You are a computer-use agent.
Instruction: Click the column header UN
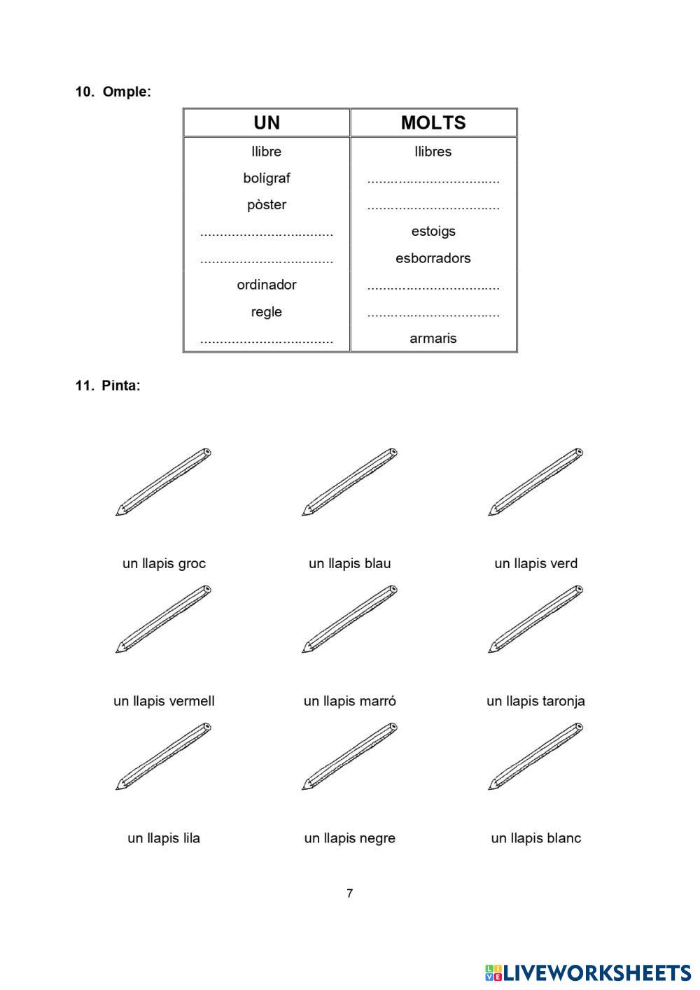coord(266,123)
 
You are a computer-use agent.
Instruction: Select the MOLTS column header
coord(433,123)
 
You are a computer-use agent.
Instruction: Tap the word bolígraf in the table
coord(266,178)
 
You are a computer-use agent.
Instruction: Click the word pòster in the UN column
coord(266,205)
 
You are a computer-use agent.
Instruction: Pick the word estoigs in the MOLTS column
coord(433,232)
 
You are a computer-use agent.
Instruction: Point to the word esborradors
coord(433,258)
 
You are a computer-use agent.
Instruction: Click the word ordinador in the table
coord(266,285)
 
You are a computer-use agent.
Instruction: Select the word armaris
coord(433,339)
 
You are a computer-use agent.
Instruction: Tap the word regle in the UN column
coord(266,312)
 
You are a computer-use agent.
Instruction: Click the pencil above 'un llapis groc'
coord(164,482)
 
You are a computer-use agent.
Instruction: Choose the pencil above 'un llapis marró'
coord(349,619)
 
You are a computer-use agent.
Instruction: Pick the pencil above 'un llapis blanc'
coord(535,756)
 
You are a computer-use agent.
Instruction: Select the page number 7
coord(349,893)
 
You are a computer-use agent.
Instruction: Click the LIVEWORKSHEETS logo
coord(587,973)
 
